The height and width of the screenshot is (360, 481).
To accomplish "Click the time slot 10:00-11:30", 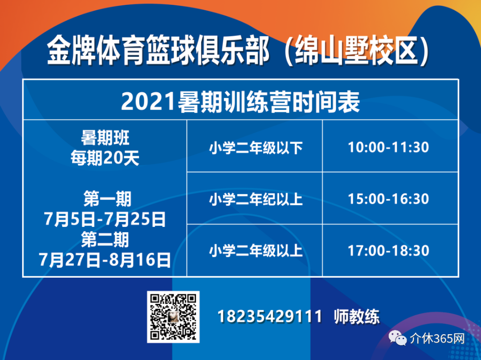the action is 388,147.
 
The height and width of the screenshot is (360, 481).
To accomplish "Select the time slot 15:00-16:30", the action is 388,199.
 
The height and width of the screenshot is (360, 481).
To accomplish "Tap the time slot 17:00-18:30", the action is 388,251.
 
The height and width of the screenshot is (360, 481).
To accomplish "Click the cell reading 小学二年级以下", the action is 256,148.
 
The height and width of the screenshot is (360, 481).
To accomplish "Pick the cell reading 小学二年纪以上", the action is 256,200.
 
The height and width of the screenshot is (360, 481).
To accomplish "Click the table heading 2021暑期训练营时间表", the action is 240,102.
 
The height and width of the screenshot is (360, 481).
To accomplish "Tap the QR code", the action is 173,317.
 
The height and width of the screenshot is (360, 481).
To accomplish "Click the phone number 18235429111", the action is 270,316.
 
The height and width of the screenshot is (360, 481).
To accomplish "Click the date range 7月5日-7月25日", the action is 105,219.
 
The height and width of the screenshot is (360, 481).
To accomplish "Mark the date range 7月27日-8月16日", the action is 105,260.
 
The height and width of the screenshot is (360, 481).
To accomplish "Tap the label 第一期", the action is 107,199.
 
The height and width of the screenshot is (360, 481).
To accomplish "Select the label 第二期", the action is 105,239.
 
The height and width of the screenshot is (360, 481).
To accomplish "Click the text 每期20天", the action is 105,158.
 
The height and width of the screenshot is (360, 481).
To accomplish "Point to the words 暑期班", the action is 105,138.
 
